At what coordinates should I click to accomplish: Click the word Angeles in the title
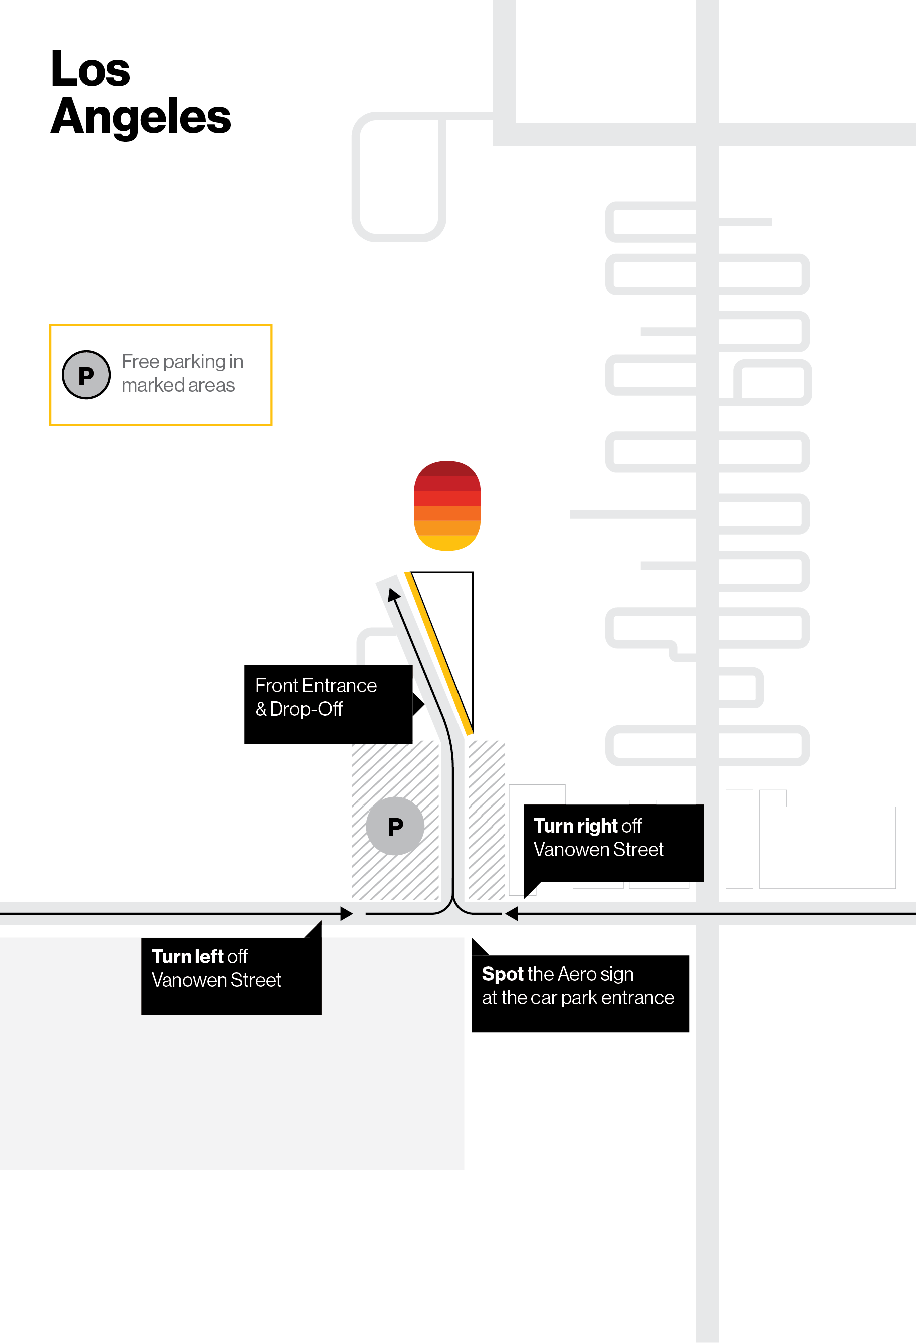point(140,117)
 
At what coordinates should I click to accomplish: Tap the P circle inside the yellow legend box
point(86,375)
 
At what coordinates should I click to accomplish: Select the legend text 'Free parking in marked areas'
point(182,373)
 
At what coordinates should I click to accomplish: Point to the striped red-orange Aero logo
point(447,505)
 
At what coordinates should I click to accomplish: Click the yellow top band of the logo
point(447,543)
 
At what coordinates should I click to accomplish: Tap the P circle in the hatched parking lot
point(395,827)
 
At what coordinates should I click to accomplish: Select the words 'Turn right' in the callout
point(575,826)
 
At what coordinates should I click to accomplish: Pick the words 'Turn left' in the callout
point(188,956)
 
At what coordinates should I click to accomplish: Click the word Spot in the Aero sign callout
point(502,974)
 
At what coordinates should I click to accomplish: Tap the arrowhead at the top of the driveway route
point(393,595)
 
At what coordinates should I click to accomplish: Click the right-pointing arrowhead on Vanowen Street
point(346,914)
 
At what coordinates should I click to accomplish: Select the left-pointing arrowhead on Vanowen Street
point(511,914)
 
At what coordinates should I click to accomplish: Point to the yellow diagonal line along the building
point(439,653)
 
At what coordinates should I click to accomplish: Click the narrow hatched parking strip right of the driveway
point(487,821)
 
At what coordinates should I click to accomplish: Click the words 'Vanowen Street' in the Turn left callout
point(216,980)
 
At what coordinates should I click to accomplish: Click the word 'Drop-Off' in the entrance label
point(306,709)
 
